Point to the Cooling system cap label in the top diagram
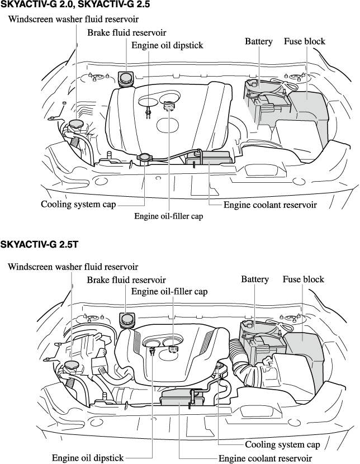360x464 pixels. (79, 205)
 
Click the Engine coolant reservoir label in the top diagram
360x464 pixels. (270, 205)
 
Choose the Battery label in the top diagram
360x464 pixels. (258, 41)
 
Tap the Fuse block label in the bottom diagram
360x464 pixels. (303, 279)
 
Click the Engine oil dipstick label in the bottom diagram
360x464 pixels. (88, 458)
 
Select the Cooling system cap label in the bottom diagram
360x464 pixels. (282, 445)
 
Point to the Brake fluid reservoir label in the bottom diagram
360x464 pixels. (126, 279)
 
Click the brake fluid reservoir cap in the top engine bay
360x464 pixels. (126, 77)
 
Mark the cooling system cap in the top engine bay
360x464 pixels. (144, 158)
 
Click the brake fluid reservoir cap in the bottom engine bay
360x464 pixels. (127, 320)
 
